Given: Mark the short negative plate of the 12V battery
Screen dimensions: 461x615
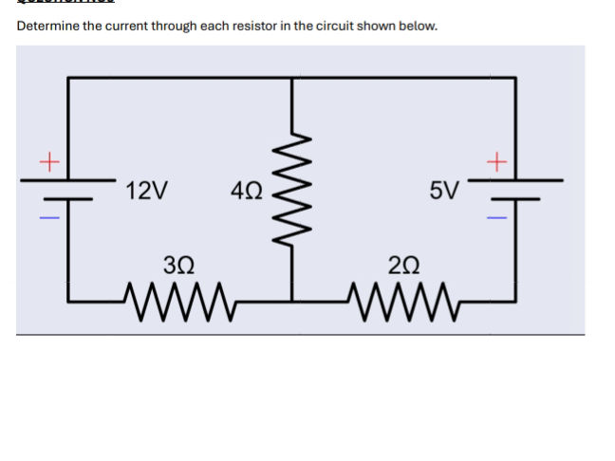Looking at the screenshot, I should [68, 199].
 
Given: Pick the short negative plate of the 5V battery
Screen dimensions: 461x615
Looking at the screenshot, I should [515, 199].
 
